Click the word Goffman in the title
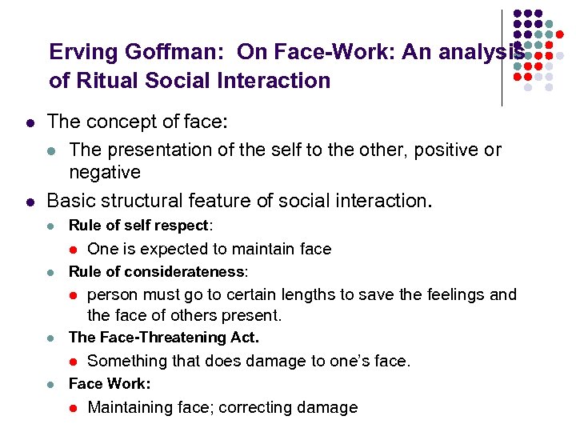pyautogui.click(x=167, y=53)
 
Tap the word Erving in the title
pyautogui.click(x=78, y=53)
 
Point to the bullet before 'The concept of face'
pyautogui.click(x=29, y=123)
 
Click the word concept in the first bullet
pyautogui.click(x=119, y=122)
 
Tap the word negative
pyautogui.click(x=105, y=173)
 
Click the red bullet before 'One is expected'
pyautogui.click(x=71, y=250)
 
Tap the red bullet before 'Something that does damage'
pyautogui.click(x=71, y=362)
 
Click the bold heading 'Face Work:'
pyautogui.click(x=110, y=383)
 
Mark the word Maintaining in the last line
pyautogui.click(x=131, y=407)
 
